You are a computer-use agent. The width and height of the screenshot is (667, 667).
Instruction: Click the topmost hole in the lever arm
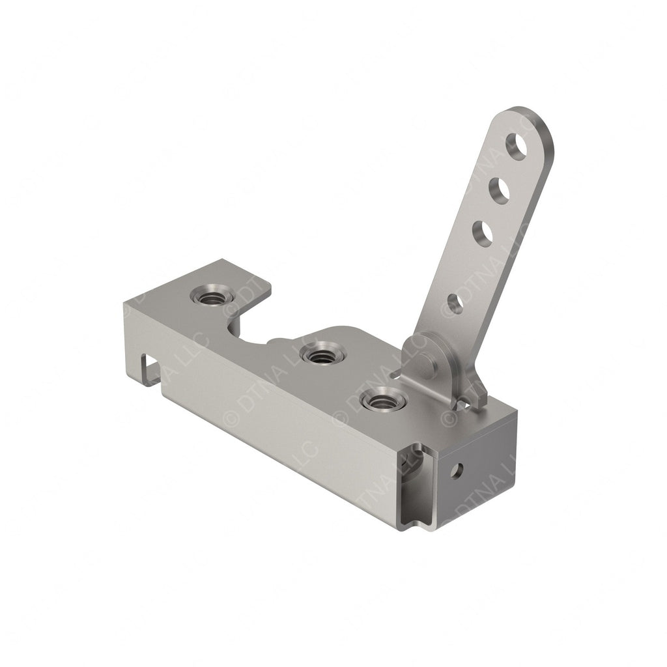tap(517, 147)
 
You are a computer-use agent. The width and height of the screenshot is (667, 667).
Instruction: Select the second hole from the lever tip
tap(500, 191)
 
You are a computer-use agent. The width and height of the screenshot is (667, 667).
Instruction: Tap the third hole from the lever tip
tap(483, 234)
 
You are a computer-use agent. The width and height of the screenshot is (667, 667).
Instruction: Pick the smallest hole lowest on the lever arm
tap(455, 303)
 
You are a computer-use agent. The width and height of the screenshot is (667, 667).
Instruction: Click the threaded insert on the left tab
tap(212, 296)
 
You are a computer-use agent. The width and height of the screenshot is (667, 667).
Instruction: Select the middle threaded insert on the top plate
tap(322, 355)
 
